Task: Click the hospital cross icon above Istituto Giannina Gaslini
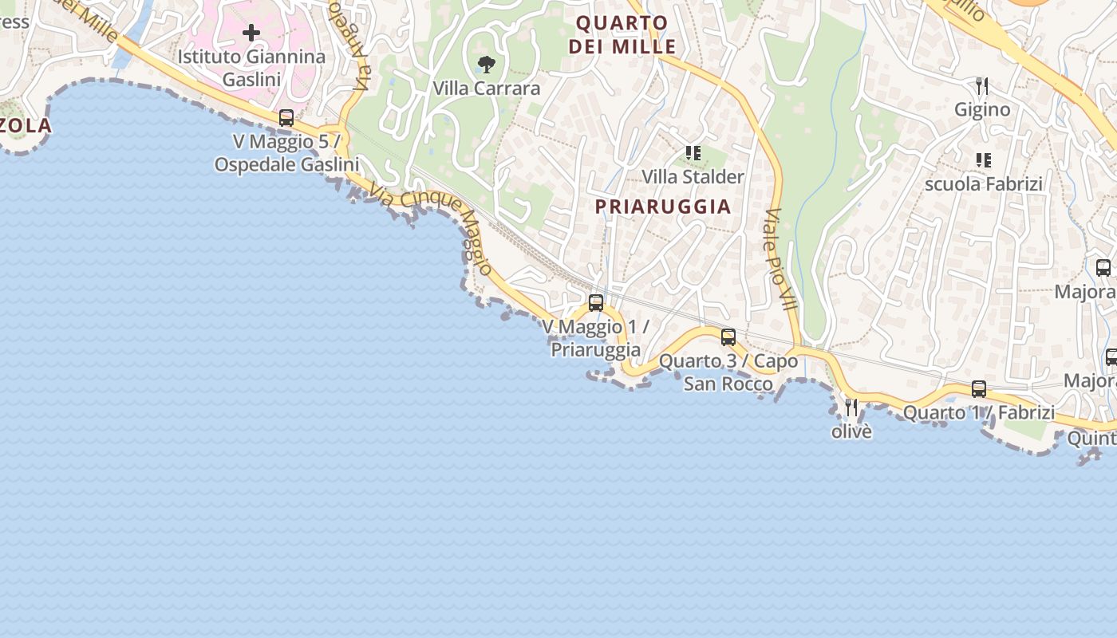click(x=251, y=33)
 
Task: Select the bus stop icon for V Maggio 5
click(x=286, y=118)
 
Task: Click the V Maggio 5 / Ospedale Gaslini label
click(x=286, y=153)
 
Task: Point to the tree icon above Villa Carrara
click(x=486, y=65)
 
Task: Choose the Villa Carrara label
click(x=486, y=89)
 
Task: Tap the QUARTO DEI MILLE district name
click(x=622, y=34)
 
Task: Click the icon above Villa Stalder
click(x=693, y=152)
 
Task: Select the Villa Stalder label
click(x=693, y=176)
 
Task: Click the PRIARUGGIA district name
click(x=663, y=207)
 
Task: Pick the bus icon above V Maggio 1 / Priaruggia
click(x=596, y=302)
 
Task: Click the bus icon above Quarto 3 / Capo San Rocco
click(x=728, y=337)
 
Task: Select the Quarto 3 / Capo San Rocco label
click(x=728, y=372)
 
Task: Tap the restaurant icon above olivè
click(x=851, y=408)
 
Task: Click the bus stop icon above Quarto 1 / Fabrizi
click(x=979, y=389)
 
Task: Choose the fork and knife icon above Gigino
click(x=982, y=85)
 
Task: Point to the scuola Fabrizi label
click(x=984, y=184)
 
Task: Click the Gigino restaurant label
click(x=982, y=109)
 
